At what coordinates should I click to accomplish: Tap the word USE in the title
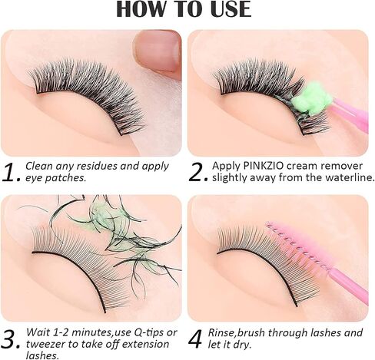pyautogui.click(x=231, y=9)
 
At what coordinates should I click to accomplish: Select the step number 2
pyautogui.click(x=198, y=172)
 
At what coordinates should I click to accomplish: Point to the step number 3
pyautogui.click(x=11, y=340)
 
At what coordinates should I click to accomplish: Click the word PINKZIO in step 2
pyautogui.click(x=264, y=166)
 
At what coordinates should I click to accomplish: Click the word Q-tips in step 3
pyautogui.click(x=148, y=332)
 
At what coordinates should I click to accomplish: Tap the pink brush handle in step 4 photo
pyautogui.click(x=349, y=287)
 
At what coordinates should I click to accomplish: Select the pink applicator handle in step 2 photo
pyautogui.click(x=350, y=116)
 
